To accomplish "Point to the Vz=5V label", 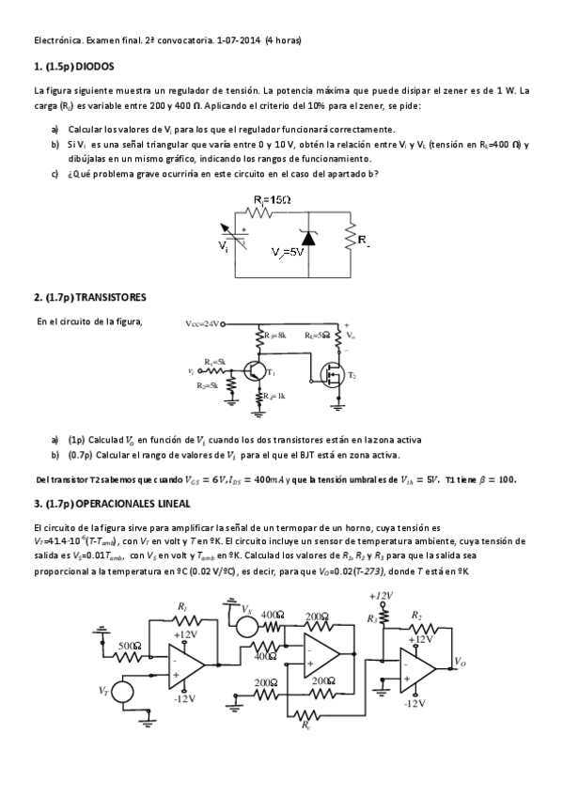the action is tap(287, 253).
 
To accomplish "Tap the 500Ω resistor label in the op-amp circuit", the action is tap(130, 646).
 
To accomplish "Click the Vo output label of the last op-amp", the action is tap(460, 662).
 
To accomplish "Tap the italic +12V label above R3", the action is tap(381, 596).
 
